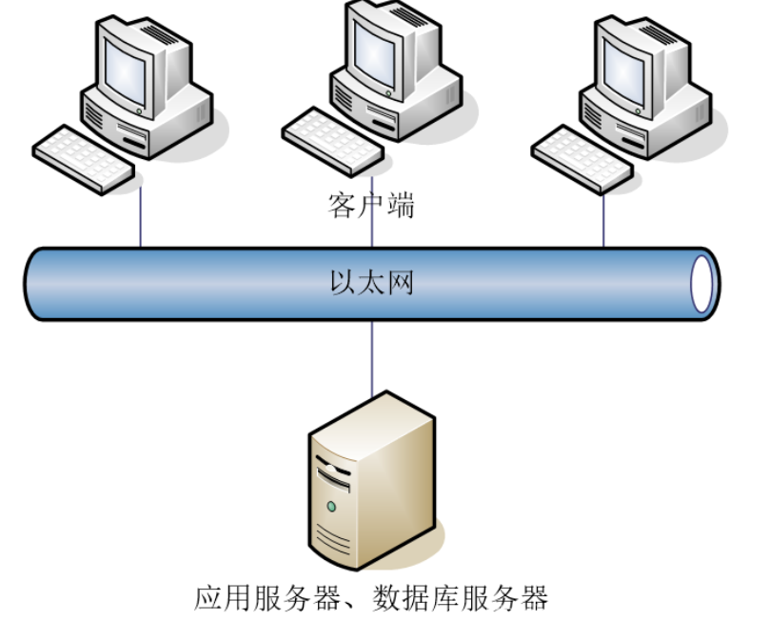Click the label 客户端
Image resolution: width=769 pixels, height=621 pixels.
point(371,205)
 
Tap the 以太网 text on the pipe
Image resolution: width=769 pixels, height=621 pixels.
point(371,283)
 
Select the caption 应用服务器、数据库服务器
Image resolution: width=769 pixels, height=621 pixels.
point(372,598)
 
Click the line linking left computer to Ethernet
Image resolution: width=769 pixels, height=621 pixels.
point(141,217)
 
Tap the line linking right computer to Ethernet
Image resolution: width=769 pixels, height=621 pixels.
point(603,217)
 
